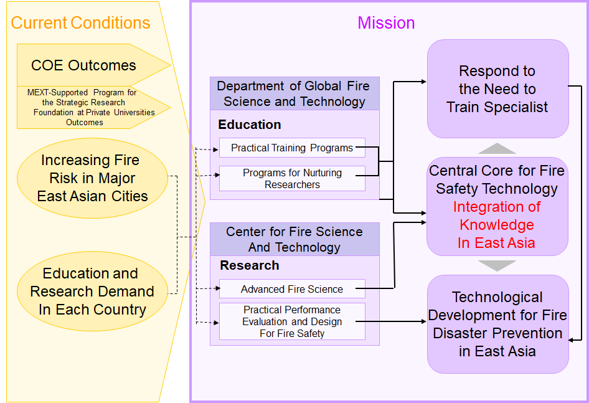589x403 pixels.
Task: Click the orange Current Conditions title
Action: [x=80, y=22]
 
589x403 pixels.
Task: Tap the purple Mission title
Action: [x=386, y=22]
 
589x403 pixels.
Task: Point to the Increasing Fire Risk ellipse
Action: [x=92, y=178]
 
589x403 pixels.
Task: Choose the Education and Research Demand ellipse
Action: [x=92, y=291]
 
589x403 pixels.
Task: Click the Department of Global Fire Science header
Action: [x=294, y=93]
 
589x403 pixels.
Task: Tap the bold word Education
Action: [x=250, y=125]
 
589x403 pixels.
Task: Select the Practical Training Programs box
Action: [x=292, y=148]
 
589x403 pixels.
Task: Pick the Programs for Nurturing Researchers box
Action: [x=292, y=179]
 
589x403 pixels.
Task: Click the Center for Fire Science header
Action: [x=294, y=239]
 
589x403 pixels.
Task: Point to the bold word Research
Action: [x=250, y=265]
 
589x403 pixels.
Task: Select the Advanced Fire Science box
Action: [x=292, y=289]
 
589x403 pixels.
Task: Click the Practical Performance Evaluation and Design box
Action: [x=292, y=321]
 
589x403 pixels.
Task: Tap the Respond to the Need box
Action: [x=497, y=88]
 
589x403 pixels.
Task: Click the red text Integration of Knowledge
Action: [x=497, y=225]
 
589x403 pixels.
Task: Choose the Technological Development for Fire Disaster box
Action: [x=497, y=324]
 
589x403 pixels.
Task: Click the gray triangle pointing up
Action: [x=497, y=148]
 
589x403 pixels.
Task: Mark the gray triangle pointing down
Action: [x=497, y=266]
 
